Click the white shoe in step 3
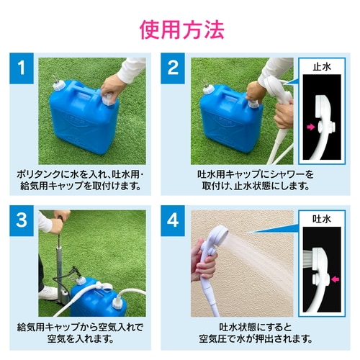click(x=48, y=292)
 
